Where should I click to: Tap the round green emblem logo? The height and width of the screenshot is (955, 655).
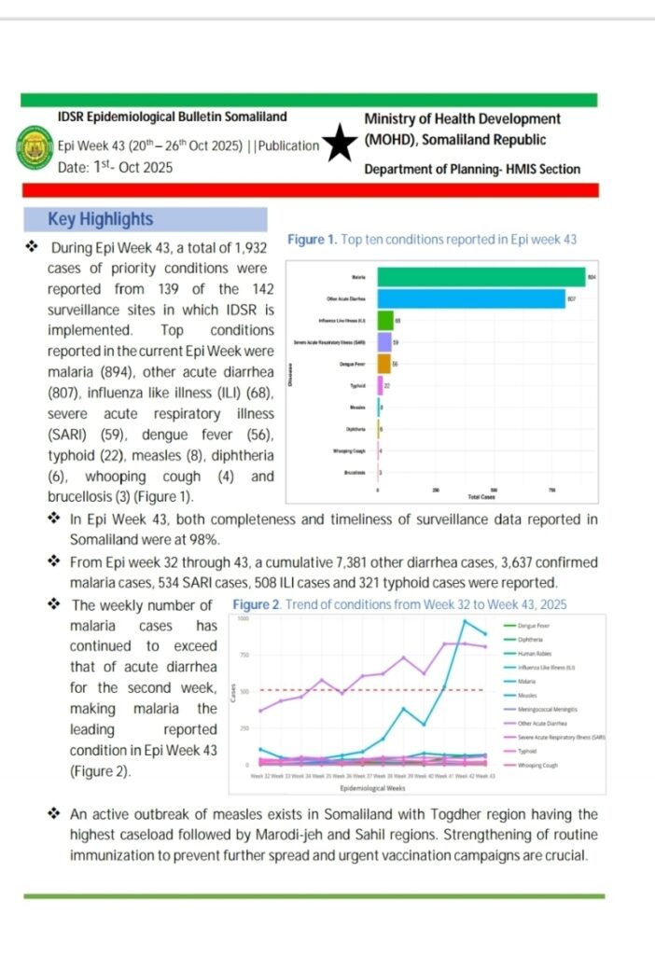tap(35, 148)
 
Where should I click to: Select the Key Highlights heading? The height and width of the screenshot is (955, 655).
tap(100, 219)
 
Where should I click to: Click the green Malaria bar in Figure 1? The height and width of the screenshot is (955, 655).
tap(481, 277)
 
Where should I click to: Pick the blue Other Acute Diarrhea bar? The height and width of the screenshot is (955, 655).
tap(470, 298)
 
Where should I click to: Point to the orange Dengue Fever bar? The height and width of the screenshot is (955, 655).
tap(383, 363)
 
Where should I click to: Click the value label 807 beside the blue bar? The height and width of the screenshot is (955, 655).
tap(572, 298)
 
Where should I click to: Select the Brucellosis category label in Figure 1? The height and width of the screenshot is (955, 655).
tap(354, 474)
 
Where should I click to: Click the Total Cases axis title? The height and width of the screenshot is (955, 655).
tap(483, 498)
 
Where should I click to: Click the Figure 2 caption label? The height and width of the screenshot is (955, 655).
tap(257, 604)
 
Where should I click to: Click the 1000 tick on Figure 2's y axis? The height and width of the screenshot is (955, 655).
tap(243, 619)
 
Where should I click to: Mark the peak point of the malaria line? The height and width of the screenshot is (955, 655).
tap(465, 621)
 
